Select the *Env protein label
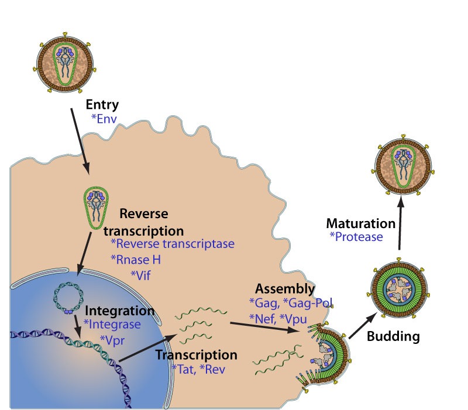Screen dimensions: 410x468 [105, 118]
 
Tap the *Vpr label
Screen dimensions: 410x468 [113, 339]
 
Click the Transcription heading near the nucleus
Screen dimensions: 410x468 [197, 355]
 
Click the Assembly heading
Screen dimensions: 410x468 [285, 289]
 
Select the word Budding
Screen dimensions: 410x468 [393, 337]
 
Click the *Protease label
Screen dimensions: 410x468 [356, 237]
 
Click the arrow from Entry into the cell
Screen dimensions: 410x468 [80, 140]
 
